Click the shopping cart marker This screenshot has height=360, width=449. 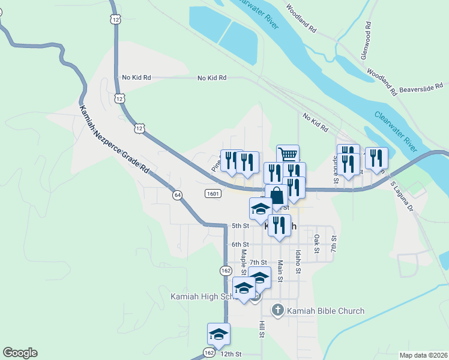click(x=288, y=155)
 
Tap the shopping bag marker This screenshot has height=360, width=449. click(x=276, y=196)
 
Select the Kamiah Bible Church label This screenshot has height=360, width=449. click(x=325, y=311)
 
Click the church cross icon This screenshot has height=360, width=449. click(x=277, y=310)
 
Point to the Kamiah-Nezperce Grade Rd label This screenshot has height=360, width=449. click(x=114, y=140)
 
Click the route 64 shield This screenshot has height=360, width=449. click(x=177, y=195)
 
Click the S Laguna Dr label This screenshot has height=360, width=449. click(x=402, y=196)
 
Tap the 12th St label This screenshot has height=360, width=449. click(x=230, y=355)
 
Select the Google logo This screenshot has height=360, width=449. click(x=20, y=353)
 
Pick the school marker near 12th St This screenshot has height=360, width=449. click(x=219, y=334)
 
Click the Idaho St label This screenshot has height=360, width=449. click(x=298, y=262)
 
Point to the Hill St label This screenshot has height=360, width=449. click(x=262, y=329)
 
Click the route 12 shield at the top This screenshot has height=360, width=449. click(x=115, y=20)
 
